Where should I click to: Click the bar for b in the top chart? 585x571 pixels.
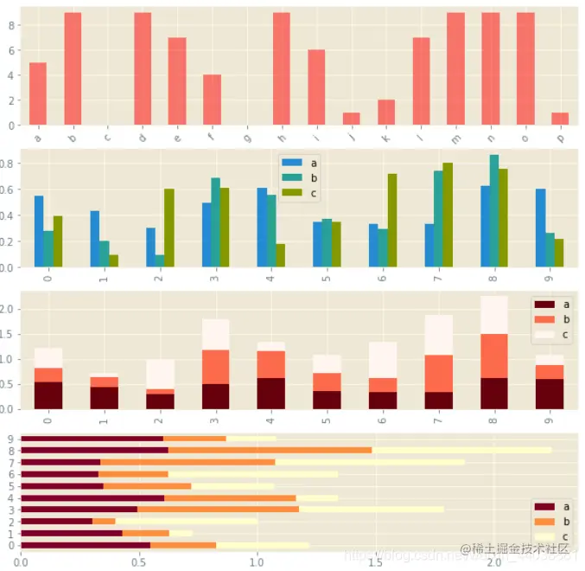pos(73,69)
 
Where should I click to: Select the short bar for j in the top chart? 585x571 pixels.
pos(351,119)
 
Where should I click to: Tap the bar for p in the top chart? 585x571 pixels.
pos(560,119)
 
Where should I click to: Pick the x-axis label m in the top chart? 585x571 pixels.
pos(455,137)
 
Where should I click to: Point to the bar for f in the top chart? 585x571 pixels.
pos(212,99)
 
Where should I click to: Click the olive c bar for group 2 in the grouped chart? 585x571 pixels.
pos(169,228)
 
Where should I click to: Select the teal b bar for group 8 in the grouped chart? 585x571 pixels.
pos(493,211)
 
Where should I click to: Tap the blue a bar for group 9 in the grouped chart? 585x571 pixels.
pos(540,228)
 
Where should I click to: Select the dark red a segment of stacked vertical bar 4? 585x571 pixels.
pos(270,393)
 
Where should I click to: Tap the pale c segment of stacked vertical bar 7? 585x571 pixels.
pos(438,335)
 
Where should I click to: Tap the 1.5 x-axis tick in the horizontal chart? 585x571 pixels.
pos(375,561)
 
